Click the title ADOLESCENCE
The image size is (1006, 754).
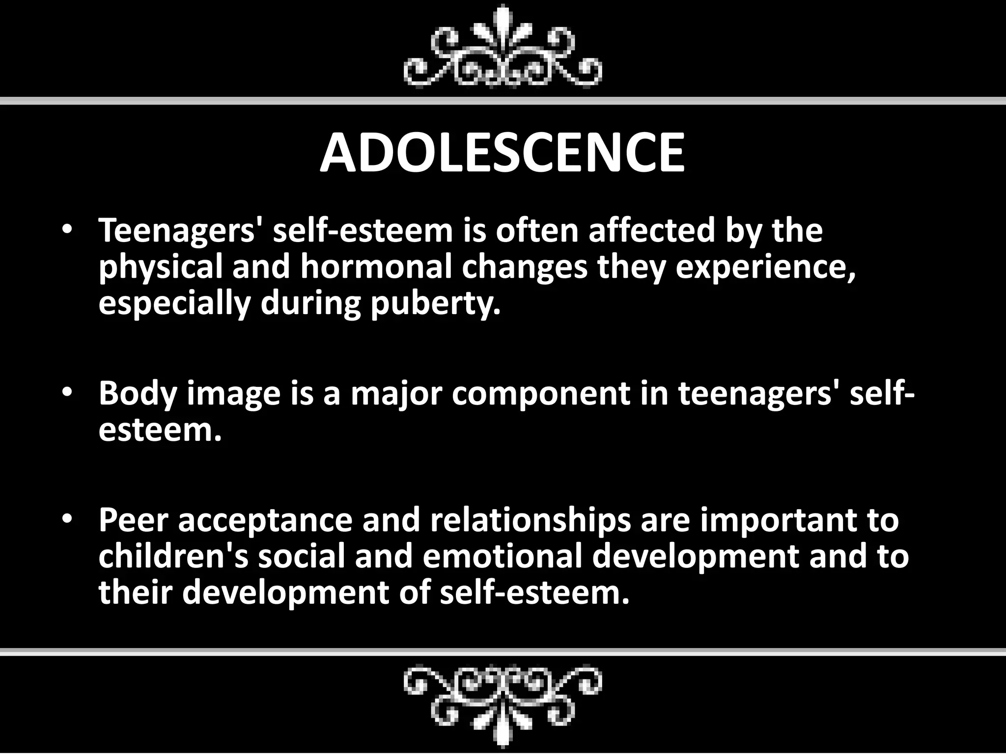pyautogui.click(x=502, y=153)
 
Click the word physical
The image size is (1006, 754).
pyautogui.click(x=160, y=268)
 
